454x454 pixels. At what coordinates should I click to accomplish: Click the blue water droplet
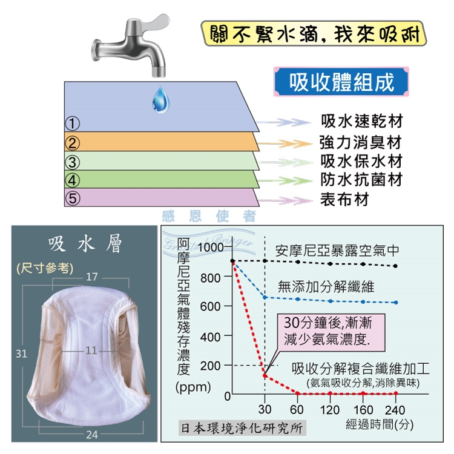(x=160, y=100)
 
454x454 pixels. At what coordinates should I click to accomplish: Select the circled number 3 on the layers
(x=73, y=162)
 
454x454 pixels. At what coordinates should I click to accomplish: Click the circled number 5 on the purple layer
(x=73, y=199)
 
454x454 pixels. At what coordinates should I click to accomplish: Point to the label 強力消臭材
(x=361, y=142)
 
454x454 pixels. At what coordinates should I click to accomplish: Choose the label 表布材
(x=344, y=199)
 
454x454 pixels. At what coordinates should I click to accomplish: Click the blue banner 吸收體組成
(x=341, y=82)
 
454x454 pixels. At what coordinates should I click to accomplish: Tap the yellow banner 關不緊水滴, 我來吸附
(x=314, y=34)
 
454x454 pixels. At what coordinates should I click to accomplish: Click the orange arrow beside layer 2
(x=285, y=143)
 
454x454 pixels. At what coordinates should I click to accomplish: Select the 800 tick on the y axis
(x=211, y=278)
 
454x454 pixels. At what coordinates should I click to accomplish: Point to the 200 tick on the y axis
(x=211, y=366)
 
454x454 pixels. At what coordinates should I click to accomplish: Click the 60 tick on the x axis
(x=297, y=410)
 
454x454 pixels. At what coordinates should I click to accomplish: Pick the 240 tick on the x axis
(x=395, y=410)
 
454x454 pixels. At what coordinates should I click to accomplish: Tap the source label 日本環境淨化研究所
(x=242, y=428)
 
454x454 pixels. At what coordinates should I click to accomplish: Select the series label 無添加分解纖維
(x=326, y=287)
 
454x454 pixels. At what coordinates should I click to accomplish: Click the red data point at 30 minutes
(x=265, y=375)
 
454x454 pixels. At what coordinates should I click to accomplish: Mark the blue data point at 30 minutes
(x=265, y=297)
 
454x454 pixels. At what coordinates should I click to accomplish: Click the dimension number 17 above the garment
(x=92, y=277)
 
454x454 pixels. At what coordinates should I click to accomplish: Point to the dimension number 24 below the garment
(x=92, y=435)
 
